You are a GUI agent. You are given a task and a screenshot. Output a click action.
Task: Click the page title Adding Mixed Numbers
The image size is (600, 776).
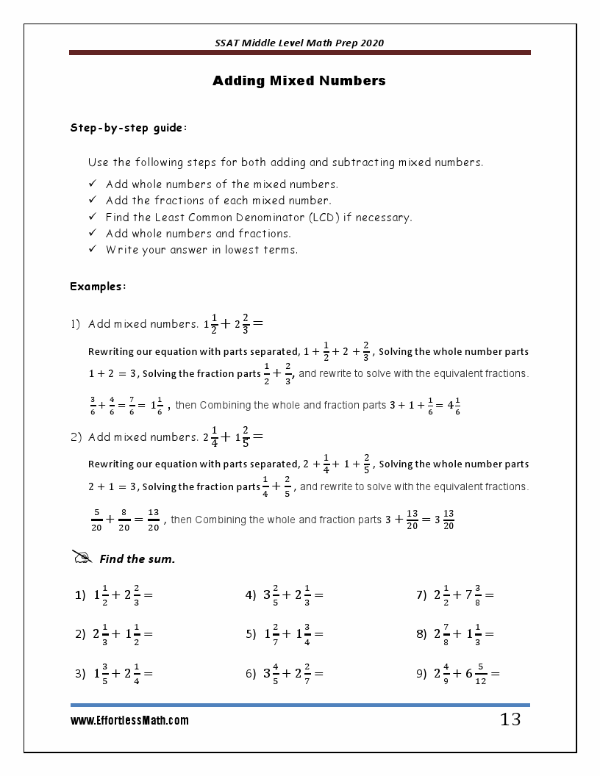[x=299, y=81]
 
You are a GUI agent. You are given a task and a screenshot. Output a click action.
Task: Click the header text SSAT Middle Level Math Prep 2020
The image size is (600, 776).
[x=299, y=43]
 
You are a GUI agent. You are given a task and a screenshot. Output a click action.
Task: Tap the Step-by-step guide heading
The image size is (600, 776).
[x=129, y=128]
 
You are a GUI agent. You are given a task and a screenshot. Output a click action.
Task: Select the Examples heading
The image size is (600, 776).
[x=98, y=287]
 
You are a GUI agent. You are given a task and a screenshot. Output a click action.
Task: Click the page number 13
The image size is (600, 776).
[x=510, y=720]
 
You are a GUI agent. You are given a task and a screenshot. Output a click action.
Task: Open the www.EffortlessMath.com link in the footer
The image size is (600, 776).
[x=129, y=721]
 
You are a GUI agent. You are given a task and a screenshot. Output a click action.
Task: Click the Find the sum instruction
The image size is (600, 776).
[x=137, y=559]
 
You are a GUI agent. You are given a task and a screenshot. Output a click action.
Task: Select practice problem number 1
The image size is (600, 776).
[x=113, y=595]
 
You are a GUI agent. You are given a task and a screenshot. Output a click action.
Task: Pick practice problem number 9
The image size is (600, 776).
[x=457, y=672]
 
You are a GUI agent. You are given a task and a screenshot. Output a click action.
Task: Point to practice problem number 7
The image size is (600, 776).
[x=454, y=595]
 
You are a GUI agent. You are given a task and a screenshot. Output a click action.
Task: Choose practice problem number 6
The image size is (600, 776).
[x=284, y=672]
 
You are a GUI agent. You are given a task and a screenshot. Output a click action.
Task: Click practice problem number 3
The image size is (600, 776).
[x=113, y=672]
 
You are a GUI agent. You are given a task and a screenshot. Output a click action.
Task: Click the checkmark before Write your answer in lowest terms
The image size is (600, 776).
[x=93, y=249]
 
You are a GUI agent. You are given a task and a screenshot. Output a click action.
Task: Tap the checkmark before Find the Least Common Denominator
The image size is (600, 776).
[x=93, y=217]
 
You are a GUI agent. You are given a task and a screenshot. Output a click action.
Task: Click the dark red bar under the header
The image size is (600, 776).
[x=299, y=53]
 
